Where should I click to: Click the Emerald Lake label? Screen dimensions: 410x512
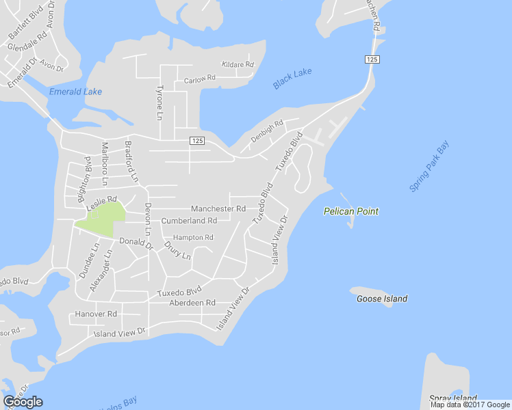tap(75, 92)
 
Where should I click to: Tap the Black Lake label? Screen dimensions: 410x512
tap(292, 79)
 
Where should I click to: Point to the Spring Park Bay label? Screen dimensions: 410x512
tap(430, 166)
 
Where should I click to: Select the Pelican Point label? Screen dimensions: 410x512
tap(350, 212)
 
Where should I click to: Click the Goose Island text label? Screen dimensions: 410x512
tap(382, 299)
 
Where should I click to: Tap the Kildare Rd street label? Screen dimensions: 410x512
tap(238, 65)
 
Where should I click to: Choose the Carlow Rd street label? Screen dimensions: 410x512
tap(199, 79)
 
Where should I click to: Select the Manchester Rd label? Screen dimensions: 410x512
tap(218, 208)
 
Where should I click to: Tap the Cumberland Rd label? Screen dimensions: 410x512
tap(189, 221)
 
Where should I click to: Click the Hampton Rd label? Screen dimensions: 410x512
tap(193, 237)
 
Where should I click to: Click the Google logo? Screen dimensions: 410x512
tap(23, 402)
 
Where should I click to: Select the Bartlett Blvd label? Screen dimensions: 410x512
tap(25, 23)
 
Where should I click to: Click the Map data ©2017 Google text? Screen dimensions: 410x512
tap(470, 405)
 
